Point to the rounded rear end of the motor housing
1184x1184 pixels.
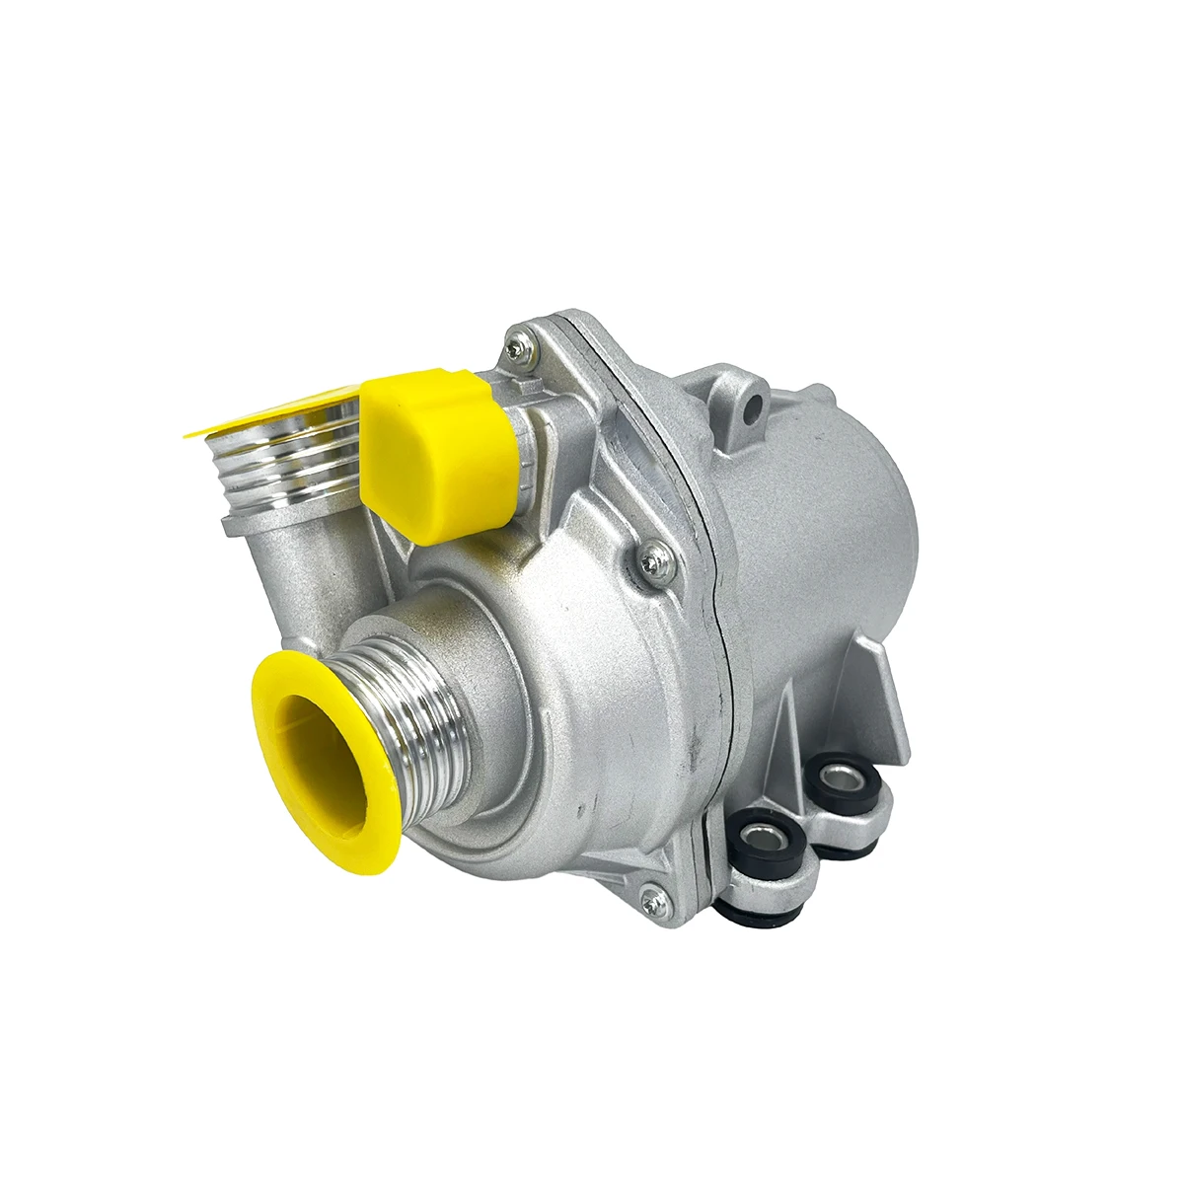click(x=888, y=513)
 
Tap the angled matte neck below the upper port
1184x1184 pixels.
click(x=296, y=572)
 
